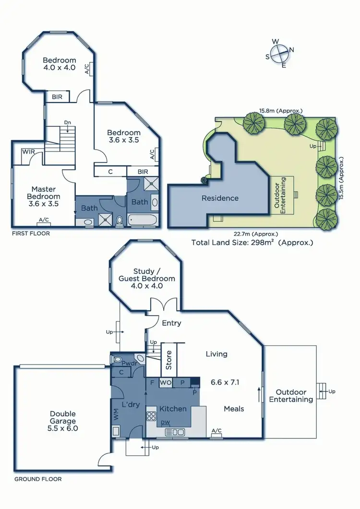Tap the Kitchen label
pos(173,409)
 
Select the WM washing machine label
pos(116,415)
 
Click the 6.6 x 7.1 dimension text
pos(225,382)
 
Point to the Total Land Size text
pos(252,242)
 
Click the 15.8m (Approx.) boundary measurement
pos(281,110)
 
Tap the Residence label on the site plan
pos(220,198)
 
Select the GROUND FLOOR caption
pos(38,479)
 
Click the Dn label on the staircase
pos(68,123)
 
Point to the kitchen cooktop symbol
pos(152,416)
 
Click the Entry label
pos(171,323)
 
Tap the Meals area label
pos(234,409)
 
